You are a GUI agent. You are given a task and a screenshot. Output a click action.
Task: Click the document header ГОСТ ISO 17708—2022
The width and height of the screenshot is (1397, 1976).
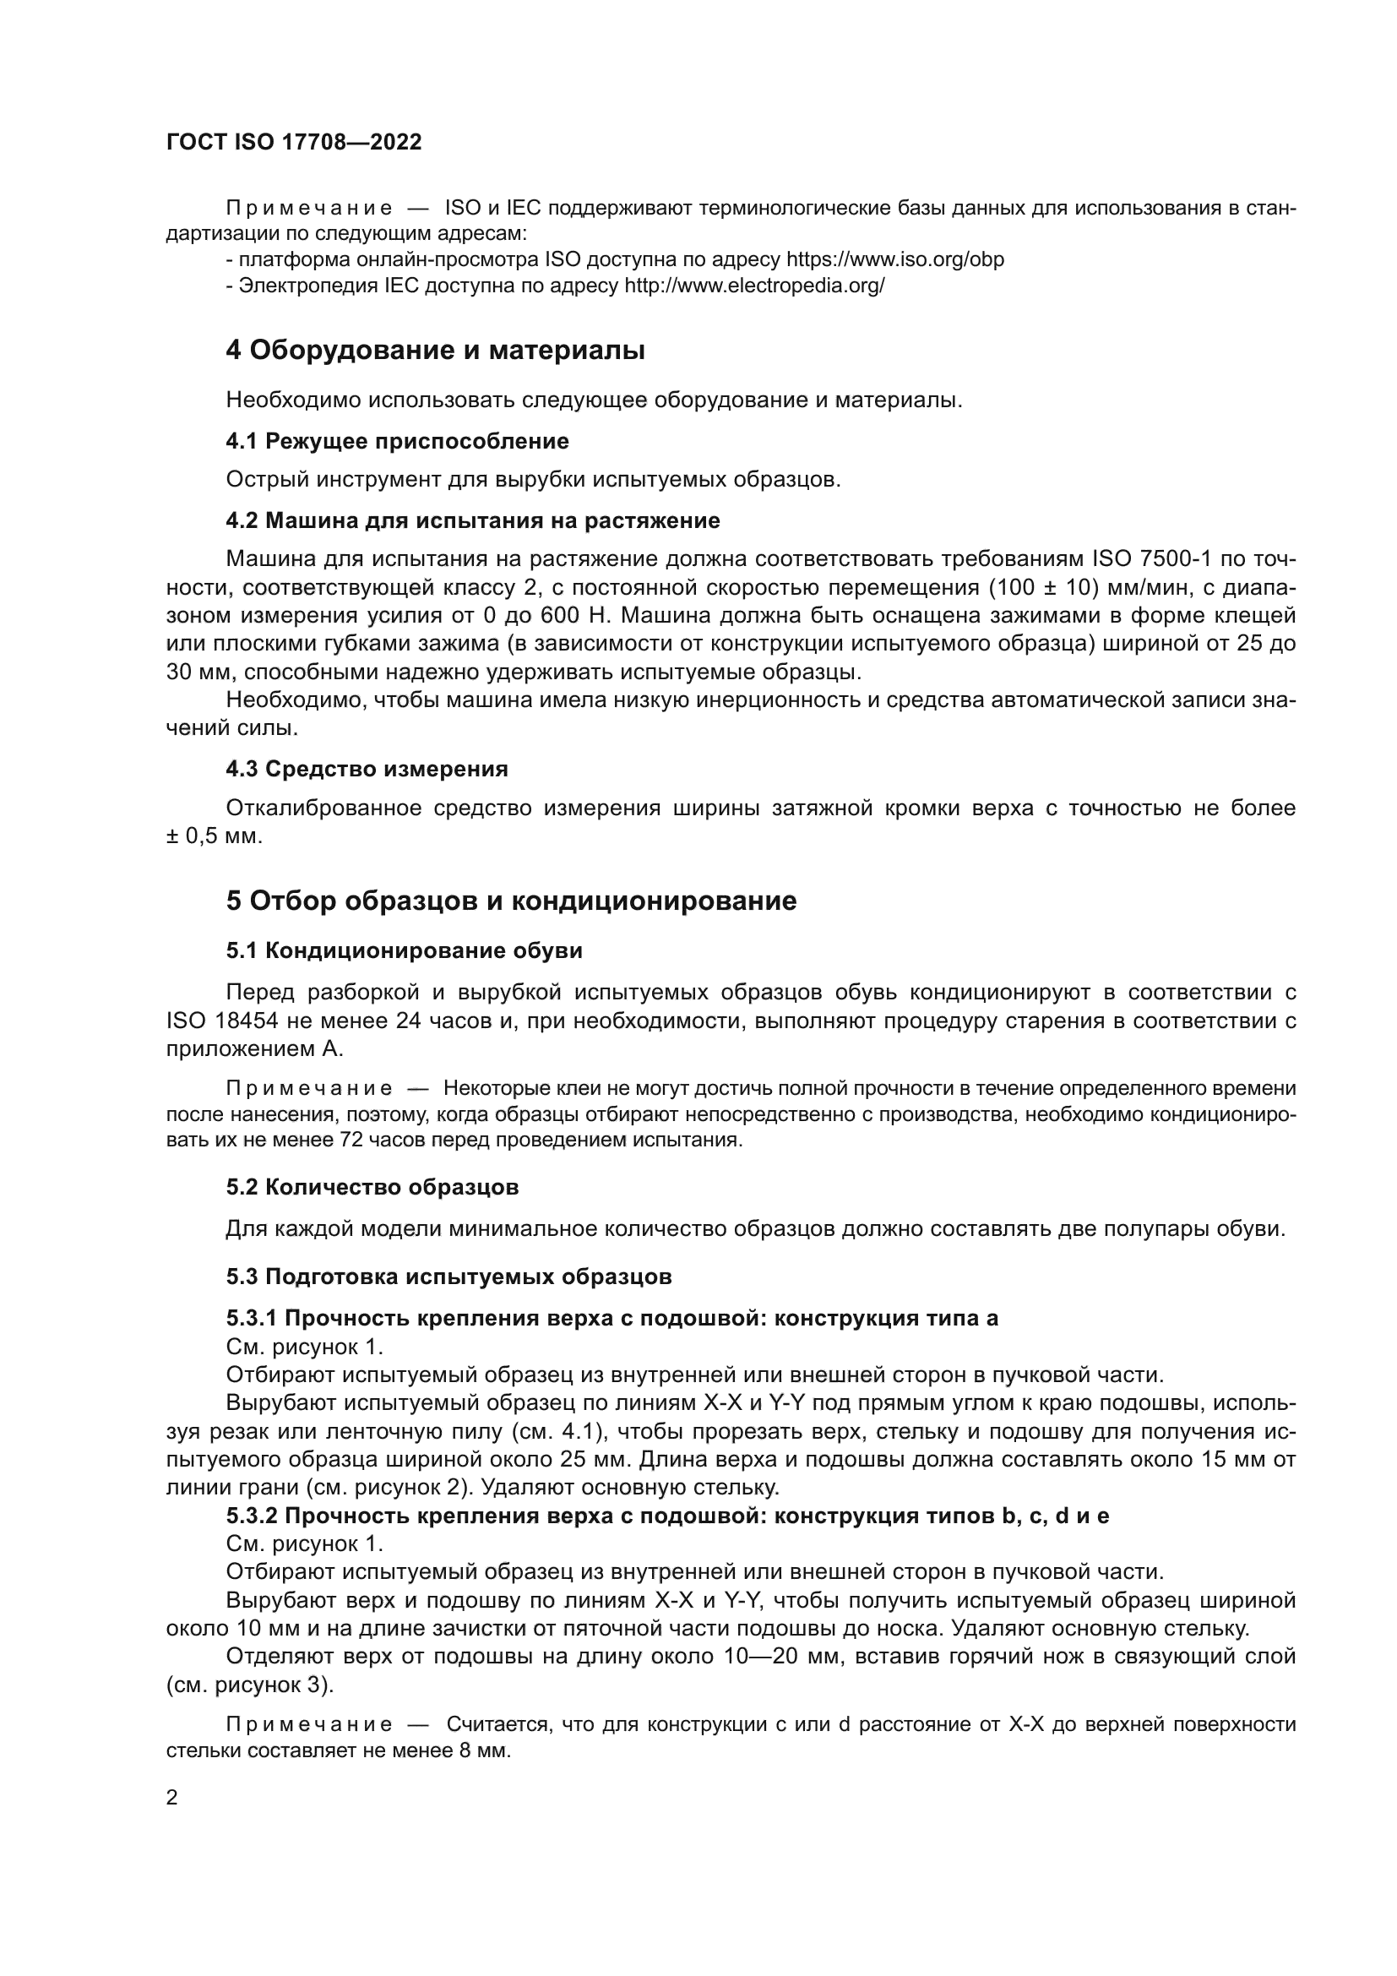coord(294,142)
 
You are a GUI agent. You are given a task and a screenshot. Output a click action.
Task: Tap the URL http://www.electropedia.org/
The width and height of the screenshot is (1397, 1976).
coord(753,286)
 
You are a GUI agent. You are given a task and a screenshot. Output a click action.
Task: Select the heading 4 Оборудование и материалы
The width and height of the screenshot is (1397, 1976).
coord(435,351)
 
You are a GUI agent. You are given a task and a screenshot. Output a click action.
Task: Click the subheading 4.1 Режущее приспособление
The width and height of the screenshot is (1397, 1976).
coord(398,442)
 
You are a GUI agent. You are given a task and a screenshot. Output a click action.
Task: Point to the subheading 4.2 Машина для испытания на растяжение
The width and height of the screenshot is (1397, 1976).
coord(472,520)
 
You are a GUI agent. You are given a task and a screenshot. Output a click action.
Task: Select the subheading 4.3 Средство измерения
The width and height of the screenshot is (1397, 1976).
coord(367,769)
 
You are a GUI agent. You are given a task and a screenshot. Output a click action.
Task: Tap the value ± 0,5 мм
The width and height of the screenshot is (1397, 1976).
coord(214,836)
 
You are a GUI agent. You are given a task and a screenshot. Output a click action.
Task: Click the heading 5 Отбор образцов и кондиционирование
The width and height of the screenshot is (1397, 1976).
coord(511,901)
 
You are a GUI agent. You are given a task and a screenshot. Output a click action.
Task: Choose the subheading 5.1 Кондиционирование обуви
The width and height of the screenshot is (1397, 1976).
coord(405,950)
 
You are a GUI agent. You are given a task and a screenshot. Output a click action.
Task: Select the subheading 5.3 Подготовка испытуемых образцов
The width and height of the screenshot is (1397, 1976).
coord(448,1277)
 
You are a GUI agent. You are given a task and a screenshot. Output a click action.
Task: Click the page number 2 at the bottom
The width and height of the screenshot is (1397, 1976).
coord(172,1798)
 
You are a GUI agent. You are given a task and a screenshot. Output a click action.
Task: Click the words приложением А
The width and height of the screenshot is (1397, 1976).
coord(254,1049)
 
